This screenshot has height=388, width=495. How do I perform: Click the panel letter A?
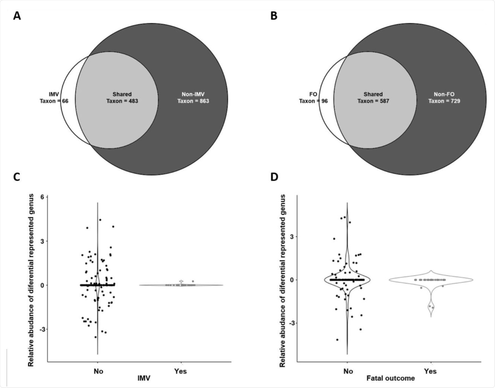pos(17,16)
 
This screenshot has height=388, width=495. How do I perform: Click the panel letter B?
pos(274,16)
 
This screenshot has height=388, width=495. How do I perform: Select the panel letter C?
pos(17,177)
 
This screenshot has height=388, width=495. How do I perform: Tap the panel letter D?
pos(274,177)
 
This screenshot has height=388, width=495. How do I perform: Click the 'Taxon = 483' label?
pos(122,101)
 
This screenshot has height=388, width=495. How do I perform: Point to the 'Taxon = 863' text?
pos(193,101)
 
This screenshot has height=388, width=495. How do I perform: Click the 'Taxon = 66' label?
pos(54,101)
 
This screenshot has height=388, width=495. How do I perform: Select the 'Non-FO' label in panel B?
pos(444,94)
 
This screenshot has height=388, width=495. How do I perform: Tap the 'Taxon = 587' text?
pos(373,101)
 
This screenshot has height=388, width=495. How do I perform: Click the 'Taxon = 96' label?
pos(313,101)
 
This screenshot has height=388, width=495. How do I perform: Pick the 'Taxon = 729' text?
pos(444,101)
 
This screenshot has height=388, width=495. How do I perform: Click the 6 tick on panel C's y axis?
pos(42,197)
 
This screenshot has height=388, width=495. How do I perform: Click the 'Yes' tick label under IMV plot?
pos(180,371)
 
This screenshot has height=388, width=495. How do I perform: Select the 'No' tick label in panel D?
pos(348,371)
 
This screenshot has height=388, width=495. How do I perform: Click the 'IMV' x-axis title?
pos(144,378)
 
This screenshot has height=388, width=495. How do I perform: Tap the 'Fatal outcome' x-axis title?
pos(391,378)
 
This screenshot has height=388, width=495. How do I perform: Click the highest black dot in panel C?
pos(100,220)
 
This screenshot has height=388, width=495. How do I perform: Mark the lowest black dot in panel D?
pos(337,340)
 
